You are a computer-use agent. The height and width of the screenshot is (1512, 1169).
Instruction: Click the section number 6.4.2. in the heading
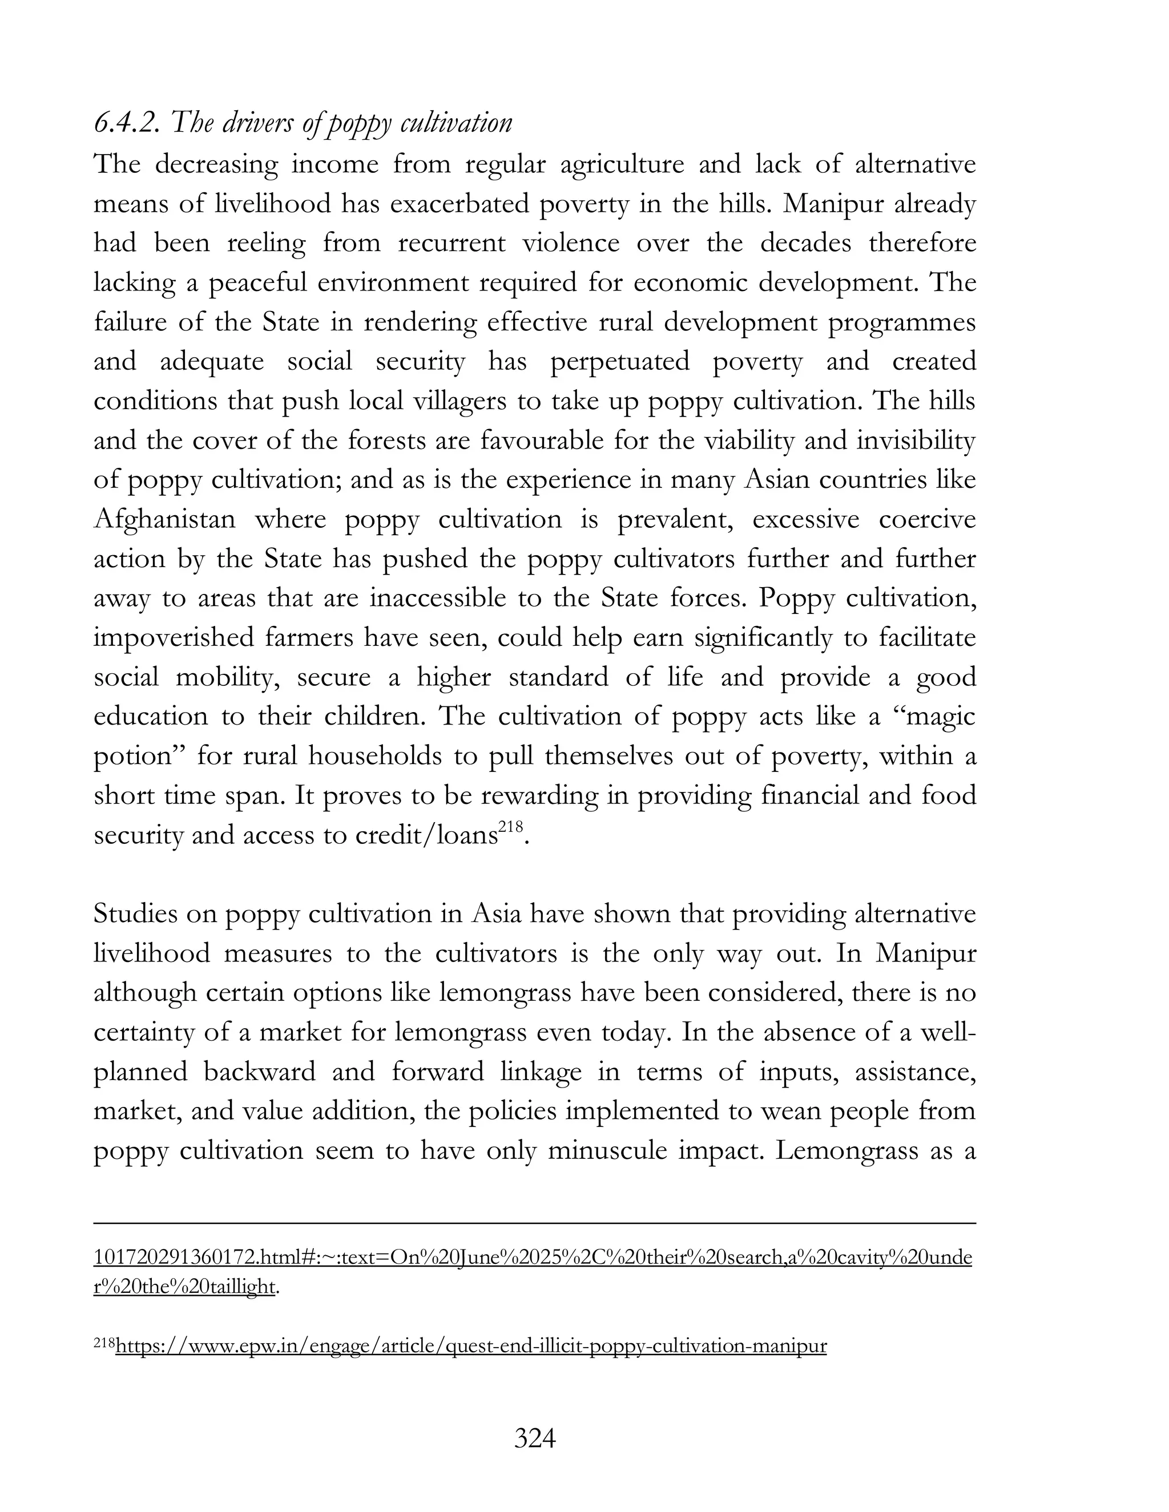coord(127,123)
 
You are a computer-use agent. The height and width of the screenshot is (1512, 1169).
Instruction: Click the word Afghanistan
coord(165,519)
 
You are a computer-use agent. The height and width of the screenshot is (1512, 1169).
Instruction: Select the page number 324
coord(535,1438)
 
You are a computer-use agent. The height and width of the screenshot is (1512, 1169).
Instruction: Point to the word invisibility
coord(916,440)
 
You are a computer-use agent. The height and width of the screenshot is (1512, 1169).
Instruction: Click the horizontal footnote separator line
coord(535,1224)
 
